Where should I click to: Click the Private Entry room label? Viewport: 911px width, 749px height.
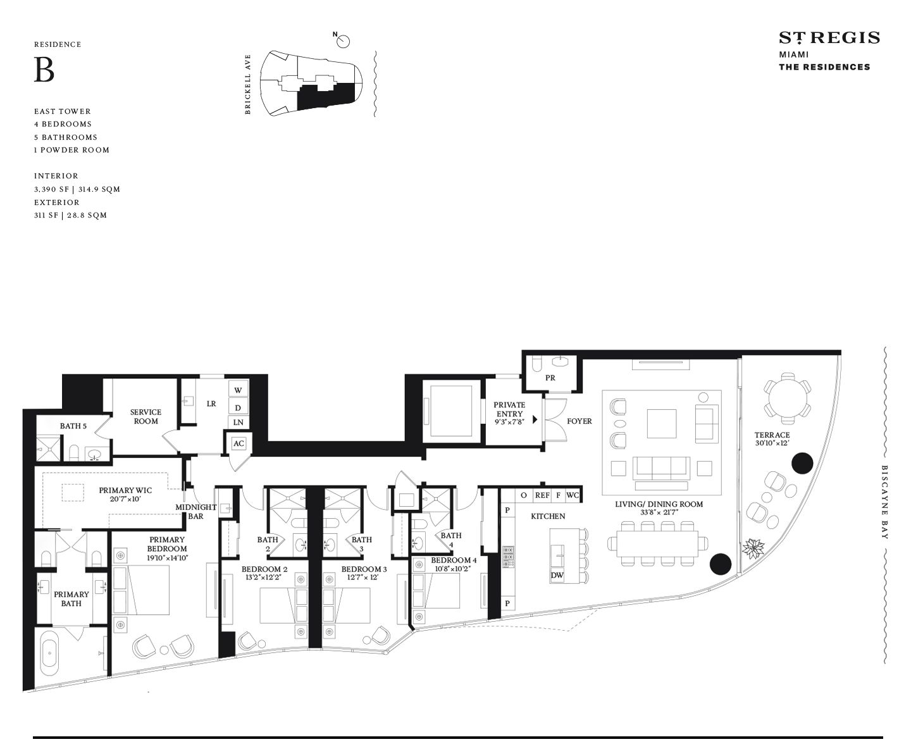[x=509, y=409]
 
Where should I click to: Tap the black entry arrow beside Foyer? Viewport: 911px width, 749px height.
[x=535, y=419]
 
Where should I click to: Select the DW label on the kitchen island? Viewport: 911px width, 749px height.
[x=557, y=576]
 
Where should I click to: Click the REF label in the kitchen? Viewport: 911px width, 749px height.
[x=542, y=495]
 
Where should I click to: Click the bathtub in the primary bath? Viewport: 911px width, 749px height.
[x=50, y=655]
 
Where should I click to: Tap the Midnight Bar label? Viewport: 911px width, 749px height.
[x=195, y=511]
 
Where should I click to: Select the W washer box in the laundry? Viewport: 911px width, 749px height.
[x=238, y=390]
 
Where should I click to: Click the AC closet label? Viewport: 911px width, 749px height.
[x=239, y=443]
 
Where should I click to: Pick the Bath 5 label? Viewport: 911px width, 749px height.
[x=73, y=426]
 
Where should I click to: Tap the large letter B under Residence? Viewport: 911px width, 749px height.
[x=44, y=70]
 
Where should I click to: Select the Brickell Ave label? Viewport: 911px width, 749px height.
[x=247, y=84]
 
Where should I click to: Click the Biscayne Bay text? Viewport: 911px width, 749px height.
[x=884, y=502]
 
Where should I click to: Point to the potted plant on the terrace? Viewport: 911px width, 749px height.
[x=753, y=548]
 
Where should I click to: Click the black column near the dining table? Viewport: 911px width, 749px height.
[x=720, y=564]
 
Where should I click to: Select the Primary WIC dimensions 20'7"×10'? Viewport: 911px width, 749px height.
[x=125, y=499]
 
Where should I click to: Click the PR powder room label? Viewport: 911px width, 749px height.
[x=550, y=378]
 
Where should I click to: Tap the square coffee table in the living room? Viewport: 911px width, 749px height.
[x=661, y=424]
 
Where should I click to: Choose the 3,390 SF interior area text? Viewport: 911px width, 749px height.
[x=51, y=189]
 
